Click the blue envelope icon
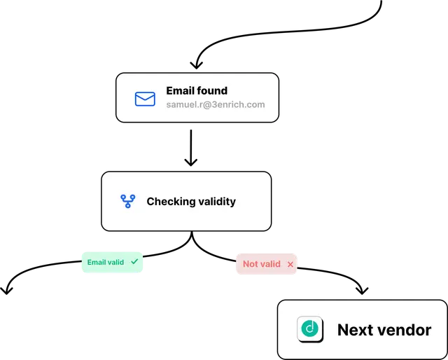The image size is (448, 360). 145,99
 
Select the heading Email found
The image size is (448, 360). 197,90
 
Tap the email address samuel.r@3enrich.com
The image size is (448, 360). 216,104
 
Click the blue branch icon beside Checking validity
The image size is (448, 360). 127,201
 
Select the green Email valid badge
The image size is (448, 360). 112,262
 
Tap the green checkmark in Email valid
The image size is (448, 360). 134,261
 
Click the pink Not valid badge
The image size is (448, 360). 267,264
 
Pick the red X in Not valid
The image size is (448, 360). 290,264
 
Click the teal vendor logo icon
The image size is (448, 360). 310,328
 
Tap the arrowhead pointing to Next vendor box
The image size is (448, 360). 362,291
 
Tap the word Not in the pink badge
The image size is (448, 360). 248,264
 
